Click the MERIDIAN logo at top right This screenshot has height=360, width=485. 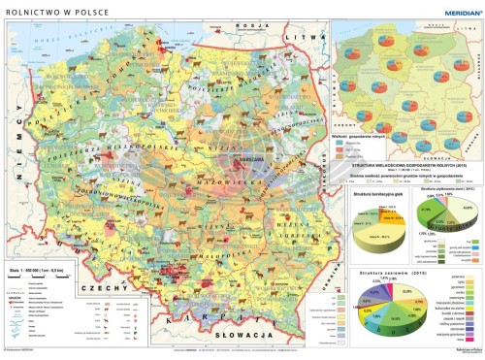[453, 9]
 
